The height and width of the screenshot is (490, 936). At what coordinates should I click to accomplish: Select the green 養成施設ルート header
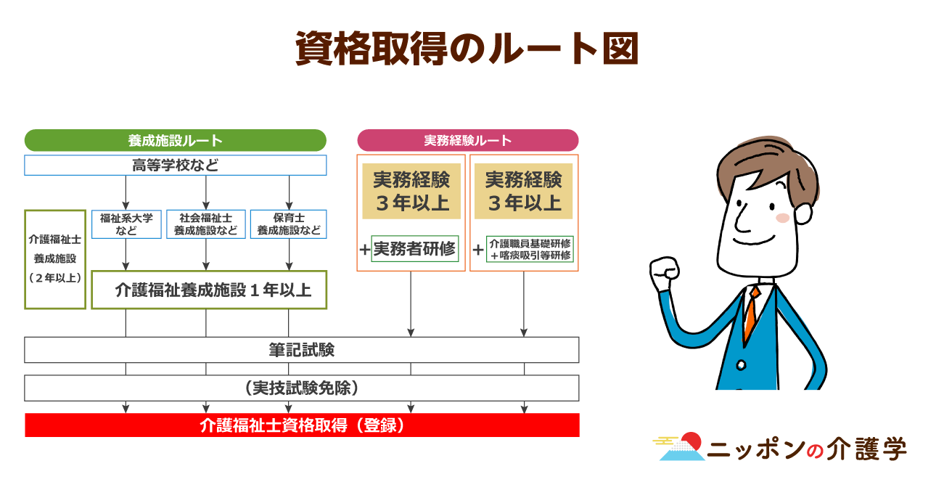(x=175, y=140)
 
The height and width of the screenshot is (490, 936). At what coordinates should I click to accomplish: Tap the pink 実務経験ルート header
(x=467, y=140)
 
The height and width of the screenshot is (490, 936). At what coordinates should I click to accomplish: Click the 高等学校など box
(x=175, y=165)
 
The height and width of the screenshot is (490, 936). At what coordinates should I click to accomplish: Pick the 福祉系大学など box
(x=126, y=224)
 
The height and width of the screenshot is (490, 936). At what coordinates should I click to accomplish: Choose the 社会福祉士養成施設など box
(x=206, y=224)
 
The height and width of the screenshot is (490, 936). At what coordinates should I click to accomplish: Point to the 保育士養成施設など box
(x=289, y=224)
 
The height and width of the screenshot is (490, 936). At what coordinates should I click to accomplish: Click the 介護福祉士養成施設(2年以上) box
(x=55, y=258)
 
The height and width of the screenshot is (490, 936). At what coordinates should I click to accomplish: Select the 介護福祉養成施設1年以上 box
(x=209, y=290)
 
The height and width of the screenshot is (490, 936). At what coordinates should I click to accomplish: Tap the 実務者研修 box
(x=414, y=249)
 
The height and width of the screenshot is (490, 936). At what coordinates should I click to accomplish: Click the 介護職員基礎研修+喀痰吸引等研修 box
(x=530, y=249)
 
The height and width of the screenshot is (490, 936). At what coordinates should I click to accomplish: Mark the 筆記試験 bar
(x=302, y=350)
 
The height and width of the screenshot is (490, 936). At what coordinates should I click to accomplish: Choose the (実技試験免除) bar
(x=302, y=388)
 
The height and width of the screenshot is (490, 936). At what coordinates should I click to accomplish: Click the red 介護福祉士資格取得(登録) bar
(x=302, y=425)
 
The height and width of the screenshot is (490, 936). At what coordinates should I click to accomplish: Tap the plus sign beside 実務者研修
(x=364, y=250)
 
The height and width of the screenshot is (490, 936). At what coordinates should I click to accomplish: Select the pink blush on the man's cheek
(x=782, y=218)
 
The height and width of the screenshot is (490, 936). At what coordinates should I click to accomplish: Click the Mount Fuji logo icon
(x=681, y=447)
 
